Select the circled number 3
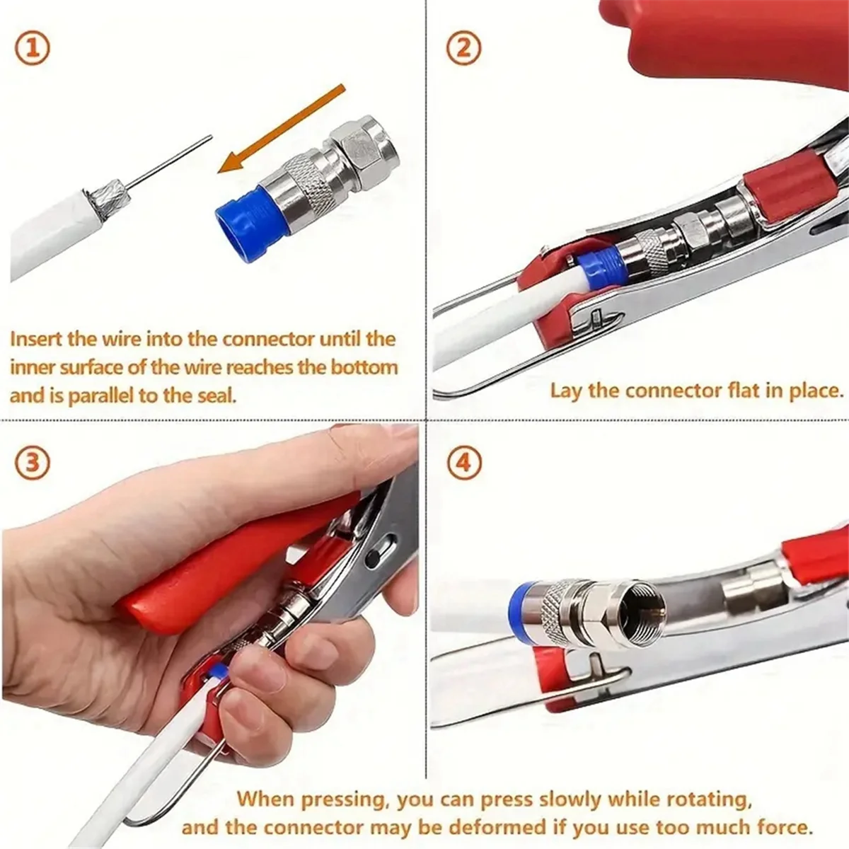pyautogui.click(x=32, y=463)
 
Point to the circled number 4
pyautogui.click(x=464, y=463)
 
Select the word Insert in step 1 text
pyautogui.click(x=37, y=339)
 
